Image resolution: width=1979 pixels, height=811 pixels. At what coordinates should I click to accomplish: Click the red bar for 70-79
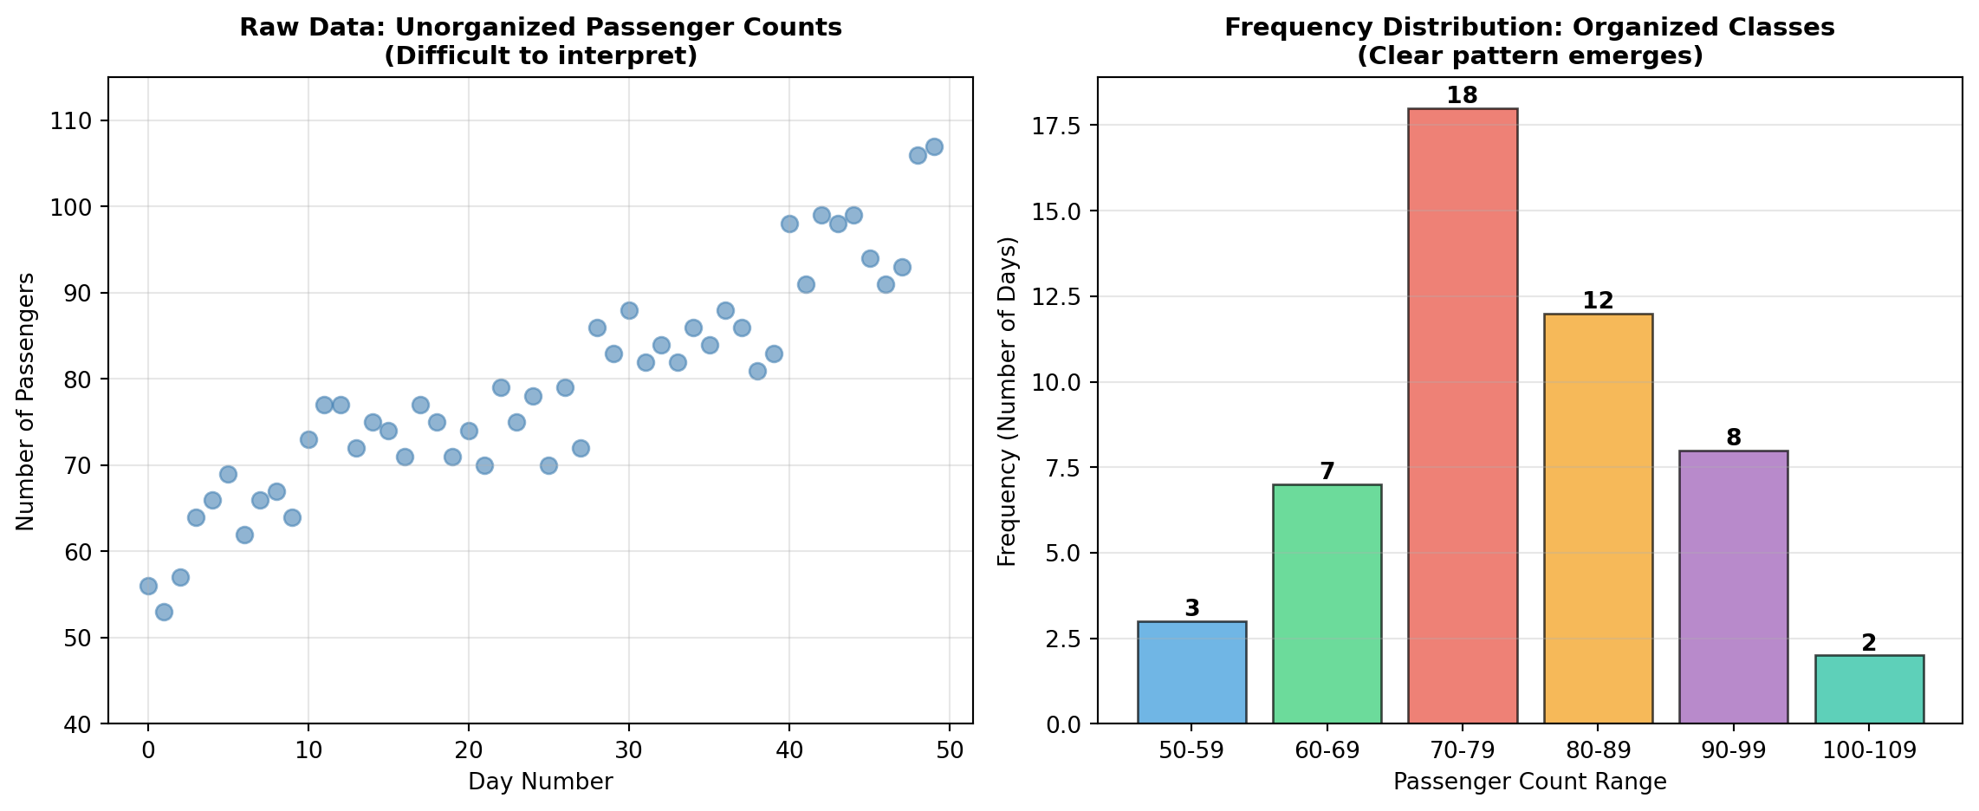coord(1462,416)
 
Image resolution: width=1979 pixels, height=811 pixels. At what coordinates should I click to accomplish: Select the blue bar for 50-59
coord(1191,672)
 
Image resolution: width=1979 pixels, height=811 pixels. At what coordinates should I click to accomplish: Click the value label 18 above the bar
coord(1462,95)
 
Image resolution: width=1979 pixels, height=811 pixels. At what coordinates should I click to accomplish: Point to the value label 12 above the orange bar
coord(1598,301)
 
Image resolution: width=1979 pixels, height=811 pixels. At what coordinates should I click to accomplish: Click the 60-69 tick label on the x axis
coord(1327,750)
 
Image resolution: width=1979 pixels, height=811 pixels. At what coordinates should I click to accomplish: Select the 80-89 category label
coord(1598,750)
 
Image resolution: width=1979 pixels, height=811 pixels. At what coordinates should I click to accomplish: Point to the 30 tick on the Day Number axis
coord(629,750)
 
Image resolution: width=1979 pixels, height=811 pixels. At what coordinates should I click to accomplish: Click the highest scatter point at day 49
coord(934,146)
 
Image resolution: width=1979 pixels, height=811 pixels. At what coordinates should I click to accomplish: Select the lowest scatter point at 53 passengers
coord(164,612)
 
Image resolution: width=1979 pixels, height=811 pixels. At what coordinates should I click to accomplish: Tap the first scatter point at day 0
coord(148,586)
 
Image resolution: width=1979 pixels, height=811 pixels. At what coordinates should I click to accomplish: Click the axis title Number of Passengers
coord(25,401)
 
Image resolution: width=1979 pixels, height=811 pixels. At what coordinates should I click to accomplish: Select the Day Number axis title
coord(540,782)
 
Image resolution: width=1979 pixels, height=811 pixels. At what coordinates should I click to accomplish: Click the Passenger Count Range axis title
coord(1529,782)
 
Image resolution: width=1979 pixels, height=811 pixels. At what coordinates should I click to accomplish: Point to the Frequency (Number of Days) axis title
coord(1007,401)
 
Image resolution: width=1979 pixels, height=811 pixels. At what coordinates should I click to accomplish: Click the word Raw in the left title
coord(260,28)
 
